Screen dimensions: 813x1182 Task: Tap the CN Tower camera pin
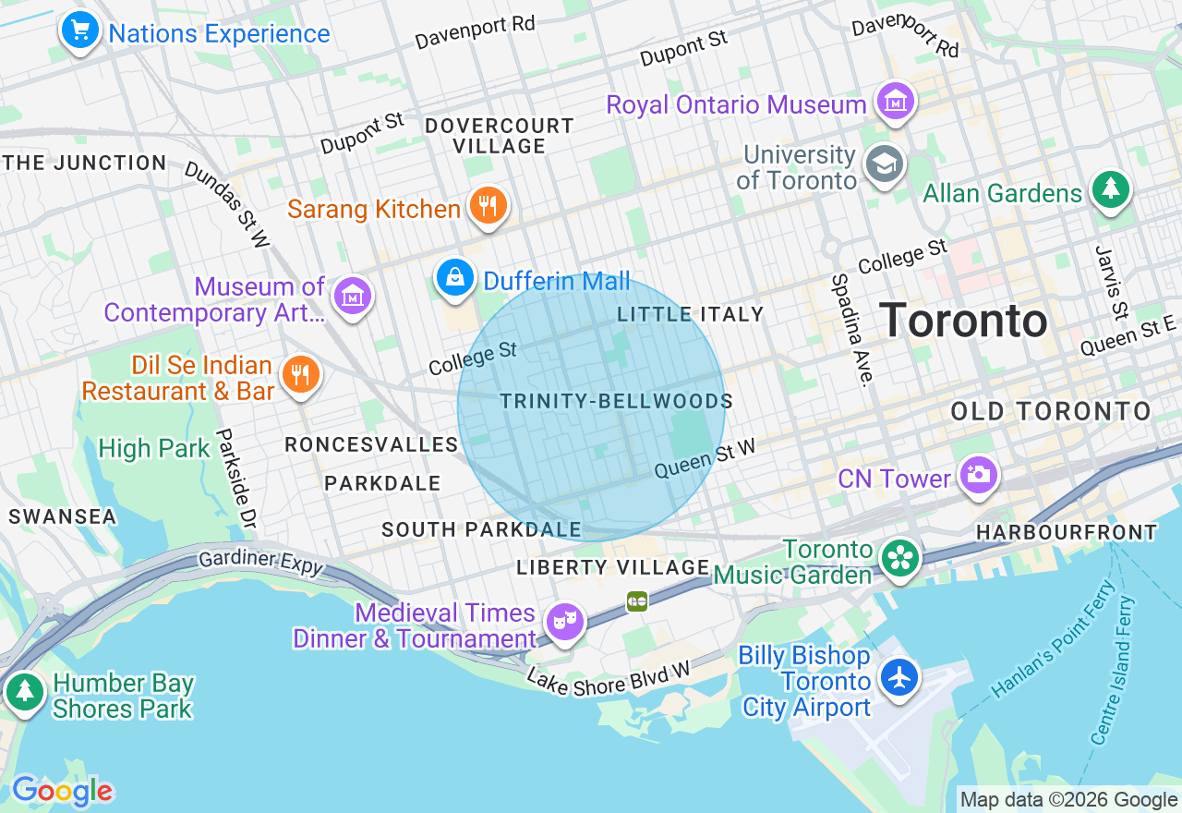(978, 475)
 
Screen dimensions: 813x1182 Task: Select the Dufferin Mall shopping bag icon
(455, 277)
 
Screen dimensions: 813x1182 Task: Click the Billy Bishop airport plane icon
(898, 677)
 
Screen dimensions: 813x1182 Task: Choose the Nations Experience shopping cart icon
(80, 30)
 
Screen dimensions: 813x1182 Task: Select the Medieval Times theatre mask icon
(563, 621)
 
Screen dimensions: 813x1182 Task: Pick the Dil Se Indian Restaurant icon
(300, 375)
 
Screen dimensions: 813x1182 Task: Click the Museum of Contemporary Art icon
(352, 297)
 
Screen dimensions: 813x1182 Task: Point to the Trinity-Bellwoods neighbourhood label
(616, 401)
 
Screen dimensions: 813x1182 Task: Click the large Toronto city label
(962, 321)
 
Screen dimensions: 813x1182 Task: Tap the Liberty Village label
(613, 566)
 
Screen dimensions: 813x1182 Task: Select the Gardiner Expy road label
(261, 560)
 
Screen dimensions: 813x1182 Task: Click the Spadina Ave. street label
(850, 329)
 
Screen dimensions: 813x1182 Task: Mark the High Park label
(154, 449)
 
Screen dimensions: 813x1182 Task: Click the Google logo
(62, 791)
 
